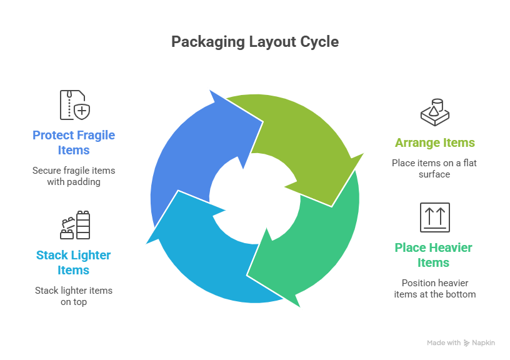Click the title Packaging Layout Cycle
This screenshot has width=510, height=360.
tap(255, 42)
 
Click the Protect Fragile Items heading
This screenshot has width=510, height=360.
tap(74, 142)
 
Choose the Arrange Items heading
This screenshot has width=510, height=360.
tap(434, 142)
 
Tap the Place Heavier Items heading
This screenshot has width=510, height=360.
tap(434, 255)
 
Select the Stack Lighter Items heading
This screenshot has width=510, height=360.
tap(74, 262)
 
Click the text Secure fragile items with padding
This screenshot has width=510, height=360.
tap(74, 176)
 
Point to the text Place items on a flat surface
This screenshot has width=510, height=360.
tap(434, 169)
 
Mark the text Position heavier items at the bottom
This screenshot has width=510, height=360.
tap(434, 289)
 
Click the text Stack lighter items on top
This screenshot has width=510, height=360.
tap(74, 296)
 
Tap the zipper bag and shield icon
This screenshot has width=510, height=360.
tap(74, 105)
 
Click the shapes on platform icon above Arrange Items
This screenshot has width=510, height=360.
tap(435, 111)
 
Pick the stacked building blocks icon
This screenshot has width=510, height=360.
tap(75, 225)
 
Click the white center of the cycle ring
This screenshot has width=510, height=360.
tap(254, 197)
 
